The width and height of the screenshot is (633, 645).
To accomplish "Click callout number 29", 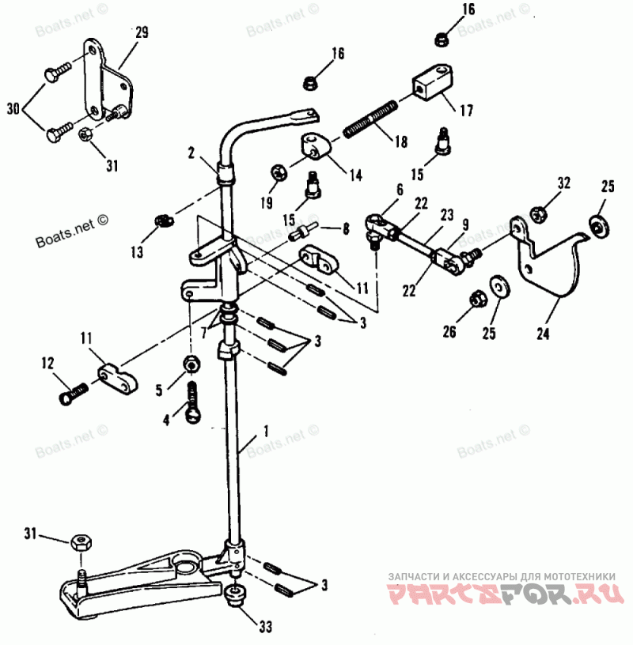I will click(x=142, y=33).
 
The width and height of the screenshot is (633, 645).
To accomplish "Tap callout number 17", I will click(x=466, y=111).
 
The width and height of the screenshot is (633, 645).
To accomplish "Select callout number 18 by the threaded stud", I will click(x=400, y=142).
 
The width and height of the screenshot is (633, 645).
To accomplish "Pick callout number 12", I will click(x=47, y=364).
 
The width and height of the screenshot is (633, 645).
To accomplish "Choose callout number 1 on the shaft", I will click(x=265, y=432).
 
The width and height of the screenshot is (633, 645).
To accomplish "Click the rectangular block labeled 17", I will click(x=431, y=81).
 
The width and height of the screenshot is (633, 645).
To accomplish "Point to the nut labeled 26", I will click(x=477, y=299).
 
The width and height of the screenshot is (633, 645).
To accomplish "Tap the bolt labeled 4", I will click(x=192, y=400).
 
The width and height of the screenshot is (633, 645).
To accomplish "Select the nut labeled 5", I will click(x=191, y=364).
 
